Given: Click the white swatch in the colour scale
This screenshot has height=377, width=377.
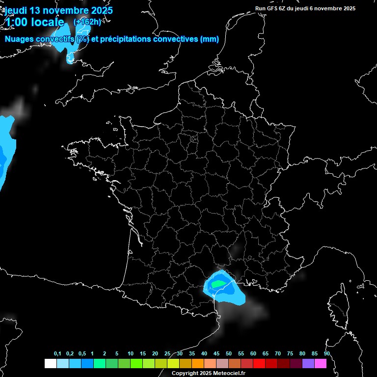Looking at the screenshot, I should (50, 363).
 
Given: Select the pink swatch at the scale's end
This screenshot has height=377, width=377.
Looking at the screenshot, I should (321, 363).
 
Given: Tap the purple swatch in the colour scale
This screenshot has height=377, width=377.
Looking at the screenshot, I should (308, 363).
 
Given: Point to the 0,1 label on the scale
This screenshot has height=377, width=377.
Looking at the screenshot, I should (57, 354).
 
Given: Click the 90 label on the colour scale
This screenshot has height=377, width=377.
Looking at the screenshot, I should (326, 354).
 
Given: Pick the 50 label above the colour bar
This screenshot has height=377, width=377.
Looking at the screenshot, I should (229, 354).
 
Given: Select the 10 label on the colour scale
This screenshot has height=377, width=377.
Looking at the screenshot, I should (131, 354).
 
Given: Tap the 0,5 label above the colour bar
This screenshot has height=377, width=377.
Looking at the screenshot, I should (82, 354).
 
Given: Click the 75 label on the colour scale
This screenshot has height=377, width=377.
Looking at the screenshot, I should (290, 354).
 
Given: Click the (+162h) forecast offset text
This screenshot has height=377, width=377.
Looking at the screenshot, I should (87, 22).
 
